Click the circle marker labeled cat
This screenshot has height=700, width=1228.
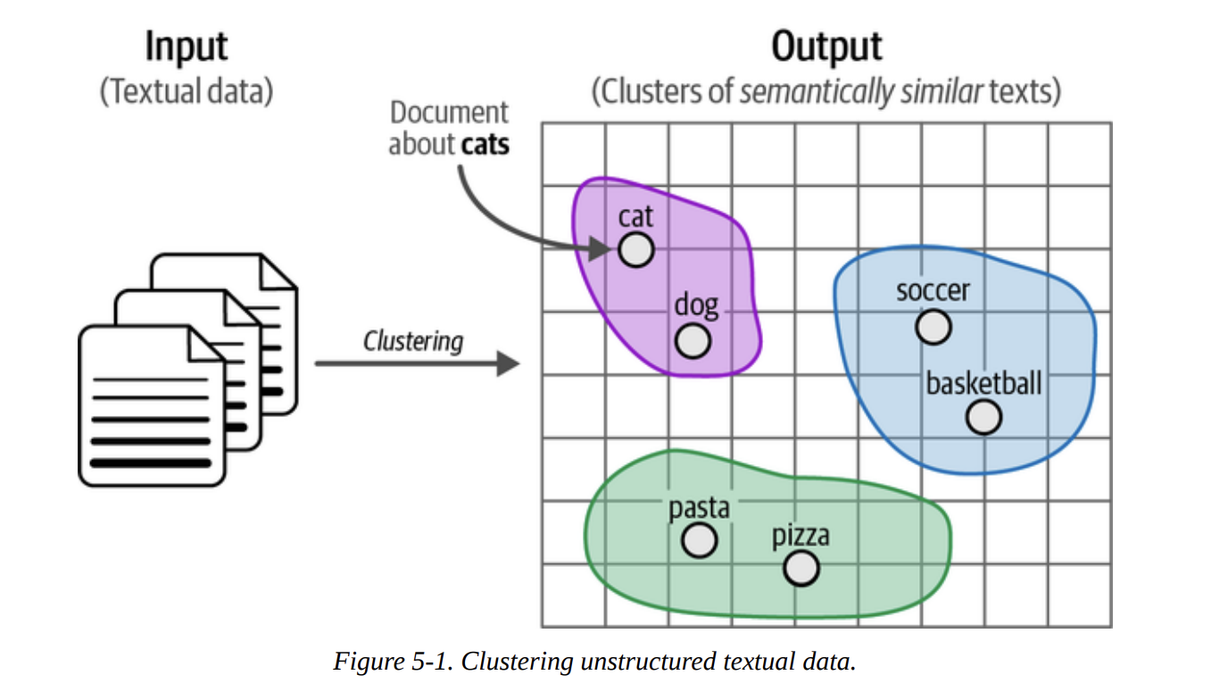[x=635, y=250]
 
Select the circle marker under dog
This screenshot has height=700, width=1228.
[x=693, y=340]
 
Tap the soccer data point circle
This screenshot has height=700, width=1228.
[x=933, y=326]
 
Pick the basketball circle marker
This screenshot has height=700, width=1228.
[x=983, y=417]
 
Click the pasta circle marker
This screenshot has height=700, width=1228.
[x=699, y=539]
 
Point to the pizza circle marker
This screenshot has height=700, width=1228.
[x=801, y=567]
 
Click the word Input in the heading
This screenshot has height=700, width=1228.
[x=186, y=46]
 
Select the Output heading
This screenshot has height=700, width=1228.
[x=826, y=46]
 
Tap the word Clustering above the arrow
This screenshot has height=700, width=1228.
[x=413, y=341]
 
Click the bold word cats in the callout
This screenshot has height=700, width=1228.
[x=485, y=144]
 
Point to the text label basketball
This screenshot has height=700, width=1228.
[x=983, y=383]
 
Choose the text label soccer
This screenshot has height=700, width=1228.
[x=933, y=290]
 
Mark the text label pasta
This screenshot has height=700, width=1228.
[x=699, y=507]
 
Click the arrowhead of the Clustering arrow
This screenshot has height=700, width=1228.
[x=509, y=363]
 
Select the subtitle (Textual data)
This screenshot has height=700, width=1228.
[x=186, y=92]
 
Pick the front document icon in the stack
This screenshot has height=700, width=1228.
[x=152, y=406]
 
